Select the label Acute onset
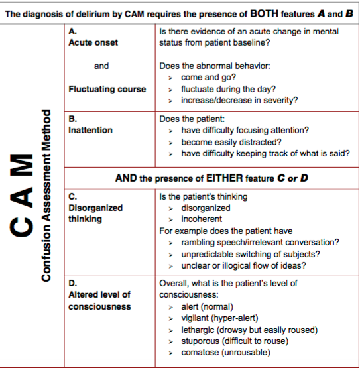point(93,42)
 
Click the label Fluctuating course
point(107,89)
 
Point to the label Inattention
point(90,131)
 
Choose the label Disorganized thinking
point(95,214)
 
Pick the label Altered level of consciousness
point(99,300)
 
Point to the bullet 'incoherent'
point(202,219)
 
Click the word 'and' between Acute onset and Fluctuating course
point(101,66)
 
